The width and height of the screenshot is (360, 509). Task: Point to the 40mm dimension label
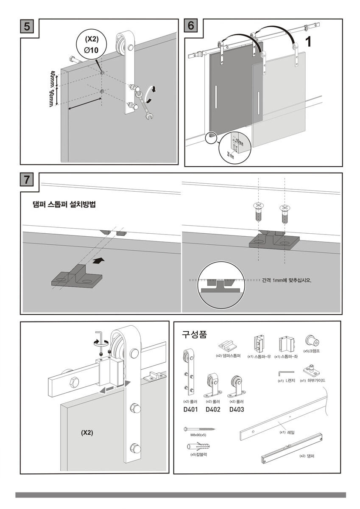tap(52, 78)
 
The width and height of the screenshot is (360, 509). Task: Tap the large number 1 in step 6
tap(309, 42)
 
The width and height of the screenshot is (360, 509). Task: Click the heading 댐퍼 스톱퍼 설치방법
tap(64, 204)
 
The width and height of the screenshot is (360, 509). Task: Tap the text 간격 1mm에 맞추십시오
tap(287, 280)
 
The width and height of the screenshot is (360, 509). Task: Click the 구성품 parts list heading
tap(194, 335)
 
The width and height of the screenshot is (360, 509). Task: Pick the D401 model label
tap(190, 410)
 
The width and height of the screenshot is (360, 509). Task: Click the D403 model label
tap(237, 410)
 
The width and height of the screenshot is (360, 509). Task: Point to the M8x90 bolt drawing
tap(199, 429)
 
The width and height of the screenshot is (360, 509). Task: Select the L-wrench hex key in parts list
tap(282, 372)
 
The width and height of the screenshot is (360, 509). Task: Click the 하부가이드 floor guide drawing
tap(312, 370)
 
